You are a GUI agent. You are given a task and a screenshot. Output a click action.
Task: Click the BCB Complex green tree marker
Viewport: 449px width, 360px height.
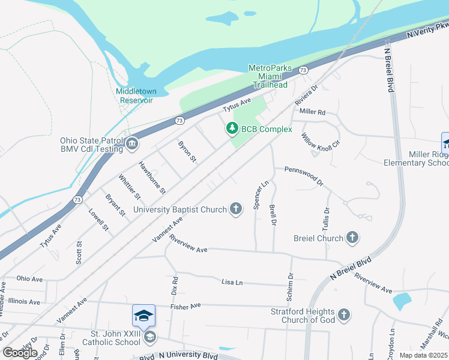click(232, 128)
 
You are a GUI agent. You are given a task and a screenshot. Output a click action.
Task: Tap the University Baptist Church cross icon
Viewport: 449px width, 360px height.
click(237, 209)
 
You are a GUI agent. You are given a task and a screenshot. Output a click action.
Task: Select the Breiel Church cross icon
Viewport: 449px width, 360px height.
click(352, 238)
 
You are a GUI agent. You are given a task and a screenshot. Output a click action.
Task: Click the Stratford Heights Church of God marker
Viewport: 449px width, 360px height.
click(343, 314)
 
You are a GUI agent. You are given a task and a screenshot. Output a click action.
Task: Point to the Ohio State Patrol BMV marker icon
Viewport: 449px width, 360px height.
click(131, 144)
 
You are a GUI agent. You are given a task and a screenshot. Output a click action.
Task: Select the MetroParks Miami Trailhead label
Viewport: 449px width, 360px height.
click(270, 76)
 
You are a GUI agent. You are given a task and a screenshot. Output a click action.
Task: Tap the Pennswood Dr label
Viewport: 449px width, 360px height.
click(304, 176)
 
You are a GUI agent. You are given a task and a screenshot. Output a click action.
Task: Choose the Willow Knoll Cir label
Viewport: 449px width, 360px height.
click(321, 142)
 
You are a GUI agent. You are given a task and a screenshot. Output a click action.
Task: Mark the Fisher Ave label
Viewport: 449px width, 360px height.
click(185, 307)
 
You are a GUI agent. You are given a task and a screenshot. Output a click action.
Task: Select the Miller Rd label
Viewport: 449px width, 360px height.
click(312, 112)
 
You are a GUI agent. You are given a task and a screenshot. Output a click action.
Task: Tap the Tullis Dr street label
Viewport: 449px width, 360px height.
click(327, 220)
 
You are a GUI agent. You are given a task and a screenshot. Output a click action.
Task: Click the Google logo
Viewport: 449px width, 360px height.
click(20, 352)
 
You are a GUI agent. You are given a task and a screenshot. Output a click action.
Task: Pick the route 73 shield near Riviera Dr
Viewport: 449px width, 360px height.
click(304, 70)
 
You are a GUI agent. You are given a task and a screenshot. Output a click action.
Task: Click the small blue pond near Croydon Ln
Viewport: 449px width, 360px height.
click(401, 301)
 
